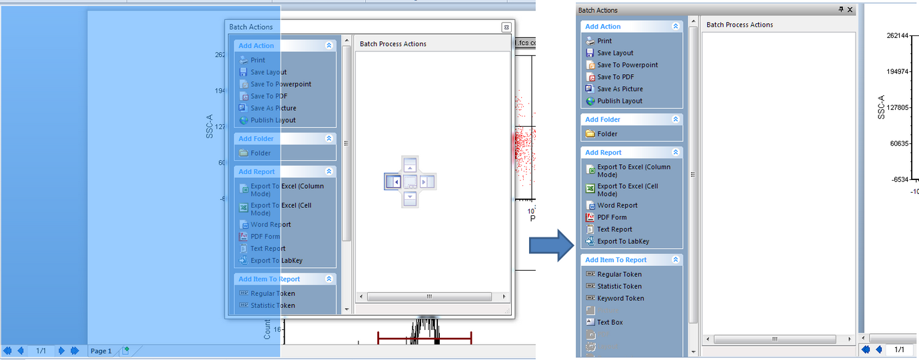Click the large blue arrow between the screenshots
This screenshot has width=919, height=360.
[551, 246]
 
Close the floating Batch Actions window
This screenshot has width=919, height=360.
[506, 27]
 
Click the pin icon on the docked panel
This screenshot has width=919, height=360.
[841, 10]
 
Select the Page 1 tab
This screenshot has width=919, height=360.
[101, 351]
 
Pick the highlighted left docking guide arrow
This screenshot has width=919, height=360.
[393, 181]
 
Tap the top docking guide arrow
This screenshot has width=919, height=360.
[411, 165]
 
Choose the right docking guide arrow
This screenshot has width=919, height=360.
[427, 181]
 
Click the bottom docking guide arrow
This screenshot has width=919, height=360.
[411, 197]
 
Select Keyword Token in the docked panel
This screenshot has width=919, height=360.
[620, 299]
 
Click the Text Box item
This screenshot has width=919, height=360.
[610, 323]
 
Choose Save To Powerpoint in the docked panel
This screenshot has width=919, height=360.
[627, 65]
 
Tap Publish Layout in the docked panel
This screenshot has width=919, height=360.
[620, 101]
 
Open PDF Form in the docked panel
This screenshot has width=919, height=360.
[612, 217]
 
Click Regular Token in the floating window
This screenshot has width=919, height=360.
[273, 294]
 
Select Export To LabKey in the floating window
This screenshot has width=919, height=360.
[276, 261]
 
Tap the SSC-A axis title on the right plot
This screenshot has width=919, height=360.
[881, 107]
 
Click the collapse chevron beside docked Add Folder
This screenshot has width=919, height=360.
[676, 119]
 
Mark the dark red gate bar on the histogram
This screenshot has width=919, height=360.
[425, 339]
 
